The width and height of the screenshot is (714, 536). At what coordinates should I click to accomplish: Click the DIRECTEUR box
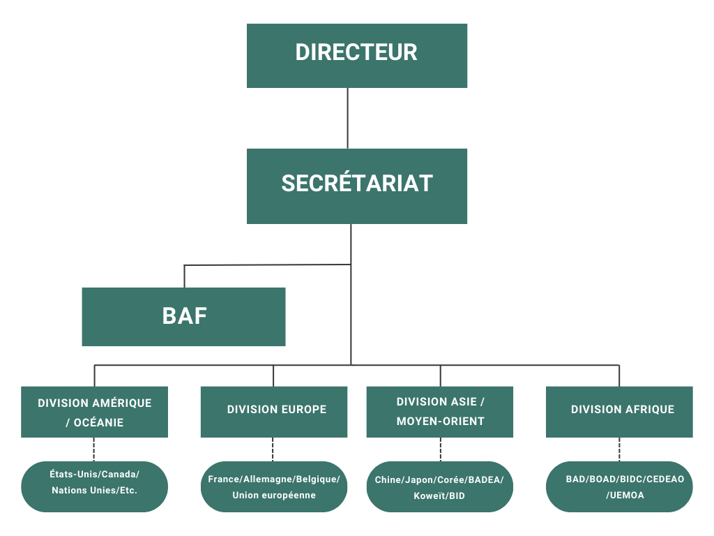tap(356, 55)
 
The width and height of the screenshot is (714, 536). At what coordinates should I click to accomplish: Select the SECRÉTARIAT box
tap(356, 186)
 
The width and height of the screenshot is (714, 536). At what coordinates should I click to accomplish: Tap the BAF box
tap(183, 317)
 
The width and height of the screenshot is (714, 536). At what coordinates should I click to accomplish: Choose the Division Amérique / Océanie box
tap(94, 412)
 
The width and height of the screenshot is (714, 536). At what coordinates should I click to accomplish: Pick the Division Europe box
tap(273, 412)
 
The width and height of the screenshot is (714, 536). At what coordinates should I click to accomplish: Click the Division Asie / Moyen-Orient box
tap(439, 412)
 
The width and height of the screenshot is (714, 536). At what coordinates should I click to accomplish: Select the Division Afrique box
tap(619, 412)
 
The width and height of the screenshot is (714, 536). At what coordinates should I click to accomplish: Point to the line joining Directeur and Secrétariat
tap(347, 117)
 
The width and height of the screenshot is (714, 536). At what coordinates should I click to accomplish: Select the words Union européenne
tap(274, 496)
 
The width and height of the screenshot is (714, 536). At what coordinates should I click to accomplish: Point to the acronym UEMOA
tap(627, 496)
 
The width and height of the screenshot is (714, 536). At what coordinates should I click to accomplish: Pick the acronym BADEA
tap(483, 480)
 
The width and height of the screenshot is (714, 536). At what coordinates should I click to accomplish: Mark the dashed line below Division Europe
tap(273, 449)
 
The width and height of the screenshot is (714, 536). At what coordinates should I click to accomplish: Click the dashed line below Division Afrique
tap(619, 449)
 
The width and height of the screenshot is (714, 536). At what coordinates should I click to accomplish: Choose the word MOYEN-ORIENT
tap(440, 422)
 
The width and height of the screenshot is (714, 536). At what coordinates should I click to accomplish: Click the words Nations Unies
tap(80, 491)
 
